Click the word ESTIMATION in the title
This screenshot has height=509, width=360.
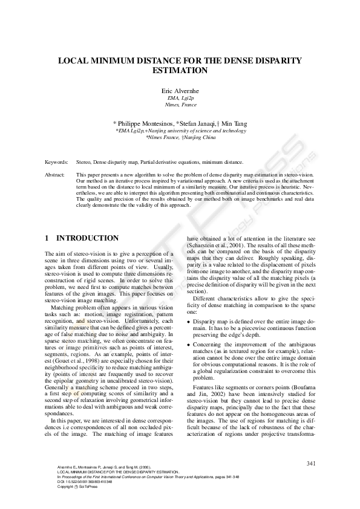coord(180,71)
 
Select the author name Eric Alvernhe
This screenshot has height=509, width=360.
coord(180,91)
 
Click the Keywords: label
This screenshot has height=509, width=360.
coord(56,163)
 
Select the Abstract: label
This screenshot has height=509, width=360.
coord(55,174)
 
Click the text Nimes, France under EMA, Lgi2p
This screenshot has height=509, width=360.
coord(180,105)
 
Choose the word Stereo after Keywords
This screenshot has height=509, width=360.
coord(83,163)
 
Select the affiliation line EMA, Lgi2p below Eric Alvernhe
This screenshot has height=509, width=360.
coord(180,98)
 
